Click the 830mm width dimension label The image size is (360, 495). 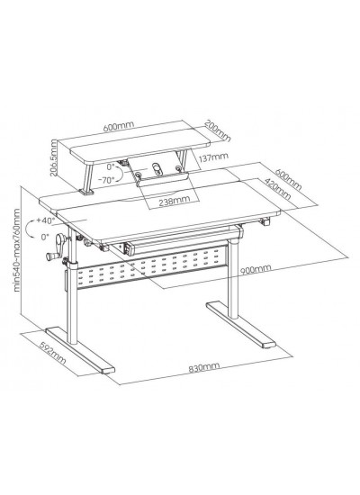click(x=203, y=367)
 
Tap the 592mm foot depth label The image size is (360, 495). click(x=52, y=351)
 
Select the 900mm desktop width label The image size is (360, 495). click(x=256, y=269)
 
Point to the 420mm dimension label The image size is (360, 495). click(x=277, y=188)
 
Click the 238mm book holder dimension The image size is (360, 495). click(x=175, y=201)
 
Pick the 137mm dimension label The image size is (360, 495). click(x=214, y=157)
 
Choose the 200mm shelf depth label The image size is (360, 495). click(x=218, y=130)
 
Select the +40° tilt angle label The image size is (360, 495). click(x=46, y=220)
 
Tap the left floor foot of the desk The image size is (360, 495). click(x=80, y=350)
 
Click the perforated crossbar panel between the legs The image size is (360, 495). click(x=153, y=266)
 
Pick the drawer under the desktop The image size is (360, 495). click(x=175, y=241)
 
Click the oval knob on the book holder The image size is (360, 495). click(x=157, y=169)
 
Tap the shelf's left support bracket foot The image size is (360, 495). click(x=85, y=193)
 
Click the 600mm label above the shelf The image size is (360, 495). click(x=119, y=126)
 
